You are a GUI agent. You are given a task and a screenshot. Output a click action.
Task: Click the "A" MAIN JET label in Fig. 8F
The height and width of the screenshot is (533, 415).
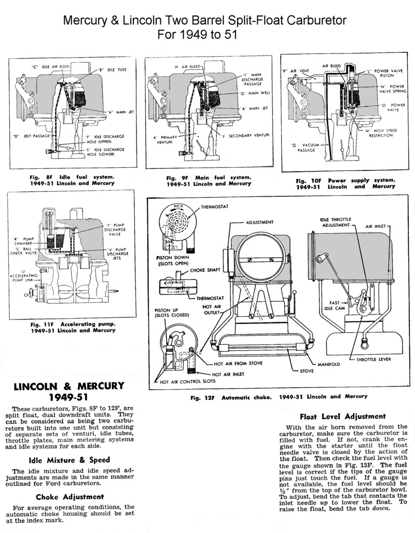click(116, 112)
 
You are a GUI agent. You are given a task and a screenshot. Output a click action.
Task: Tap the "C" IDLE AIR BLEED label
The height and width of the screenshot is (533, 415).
click(51, 66)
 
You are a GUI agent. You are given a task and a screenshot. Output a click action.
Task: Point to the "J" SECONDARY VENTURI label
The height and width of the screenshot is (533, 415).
click(246, 135)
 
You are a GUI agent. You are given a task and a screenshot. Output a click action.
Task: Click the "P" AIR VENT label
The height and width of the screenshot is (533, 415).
click(295, 71)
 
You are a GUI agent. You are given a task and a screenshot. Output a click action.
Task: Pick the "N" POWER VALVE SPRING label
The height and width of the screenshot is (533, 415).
click(393, 89)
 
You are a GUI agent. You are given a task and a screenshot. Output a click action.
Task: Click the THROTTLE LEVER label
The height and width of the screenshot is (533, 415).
click(374, 359)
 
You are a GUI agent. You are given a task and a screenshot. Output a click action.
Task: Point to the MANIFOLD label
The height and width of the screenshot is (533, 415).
click(328, 364)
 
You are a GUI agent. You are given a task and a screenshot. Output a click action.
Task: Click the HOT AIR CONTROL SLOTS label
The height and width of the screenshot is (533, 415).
click(187, 381)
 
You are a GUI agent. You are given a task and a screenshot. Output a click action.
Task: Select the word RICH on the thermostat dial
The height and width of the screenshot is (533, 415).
click(178, 206)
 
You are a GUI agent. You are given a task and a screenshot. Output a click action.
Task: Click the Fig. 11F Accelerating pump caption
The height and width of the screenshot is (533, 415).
click(73, 327)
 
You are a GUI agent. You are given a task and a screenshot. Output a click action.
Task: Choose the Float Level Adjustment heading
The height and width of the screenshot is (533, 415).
click(343, 417)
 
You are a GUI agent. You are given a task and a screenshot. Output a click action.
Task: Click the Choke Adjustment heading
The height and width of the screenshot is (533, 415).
click(70, 497)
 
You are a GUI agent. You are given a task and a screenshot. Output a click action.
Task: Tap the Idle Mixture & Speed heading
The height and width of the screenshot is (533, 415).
click(70, 460)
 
